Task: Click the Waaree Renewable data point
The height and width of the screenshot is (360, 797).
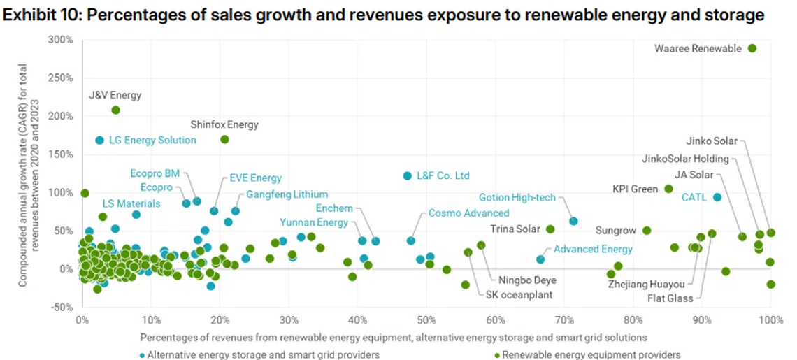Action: pos(752,48)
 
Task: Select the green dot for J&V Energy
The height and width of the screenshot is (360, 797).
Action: pos(115,110)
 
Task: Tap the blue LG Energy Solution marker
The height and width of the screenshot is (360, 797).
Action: pos(100,140)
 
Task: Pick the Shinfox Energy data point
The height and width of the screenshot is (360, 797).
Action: pos(224,139)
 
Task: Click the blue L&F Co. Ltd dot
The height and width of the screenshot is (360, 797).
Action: pos(407,175)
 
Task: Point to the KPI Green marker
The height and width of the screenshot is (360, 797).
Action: pos(668,189)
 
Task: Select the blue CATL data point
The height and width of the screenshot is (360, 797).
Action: pos(717,197)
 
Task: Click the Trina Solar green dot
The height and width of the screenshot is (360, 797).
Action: pos(550,229)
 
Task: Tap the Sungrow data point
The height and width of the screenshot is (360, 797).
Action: pos(647,230)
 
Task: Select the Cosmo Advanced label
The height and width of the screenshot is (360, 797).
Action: pos(468,213)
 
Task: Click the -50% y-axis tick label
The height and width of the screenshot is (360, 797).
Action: pos(62,307)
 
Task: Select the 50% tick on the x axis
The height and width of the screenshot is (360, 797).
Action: pos(426,321)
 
